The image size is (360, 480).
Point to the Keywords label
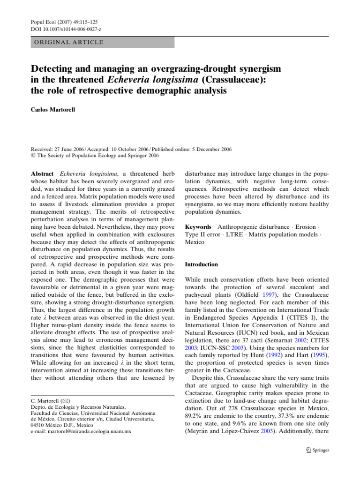198,227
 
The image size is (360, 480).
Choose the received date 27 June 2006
70,149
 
